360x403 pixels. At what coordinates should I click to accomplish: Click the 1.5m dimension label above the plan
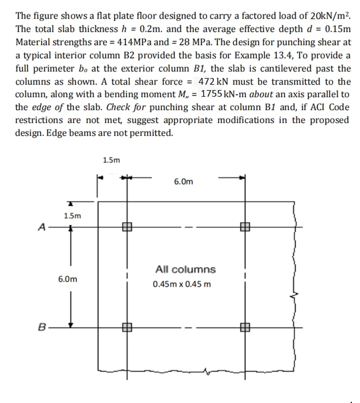click(111, 160)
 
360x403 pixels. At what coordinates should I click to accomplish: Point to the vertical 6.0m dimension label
click(68, 278)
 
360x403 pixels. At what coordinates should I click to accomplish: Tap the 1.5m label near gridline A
click(72, 215)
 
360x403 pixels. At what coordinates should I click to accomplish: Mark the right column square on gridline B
click(245, 328)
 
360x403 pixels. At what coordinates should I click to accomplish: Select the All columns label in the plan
click(185, 269)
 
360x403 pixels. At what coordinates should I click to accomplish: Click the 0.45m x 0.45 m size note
click(182, 284)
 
